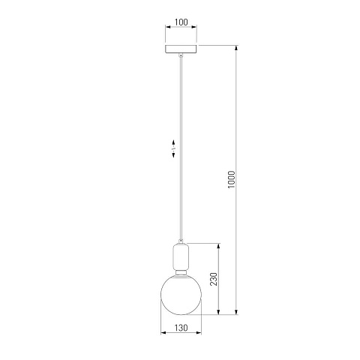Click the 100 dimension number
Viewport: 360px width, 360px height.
(x=181, y=22)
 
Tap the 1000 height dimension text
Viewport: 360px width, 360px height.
(x=232, y=179)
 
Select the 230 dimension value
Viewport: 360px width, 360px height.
(x=214, y=279)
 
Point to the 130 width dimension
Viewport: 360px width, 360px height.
(x=181, y=328)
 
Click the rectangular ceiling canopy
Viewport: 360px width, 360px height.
(x=181, y=49)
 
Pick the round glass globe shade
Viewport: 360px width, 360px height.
(x=181, y=294)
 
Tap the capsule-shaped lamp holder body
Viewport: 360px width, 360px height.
(x=181, y=256)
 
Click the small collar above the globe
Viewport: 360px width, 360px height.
(x=181, y=272)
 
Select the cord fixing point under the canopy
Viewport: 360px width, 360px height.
(x=181, y=55)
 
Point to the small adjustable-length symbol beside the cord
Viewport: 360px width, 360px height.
(x=173, y=148)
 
